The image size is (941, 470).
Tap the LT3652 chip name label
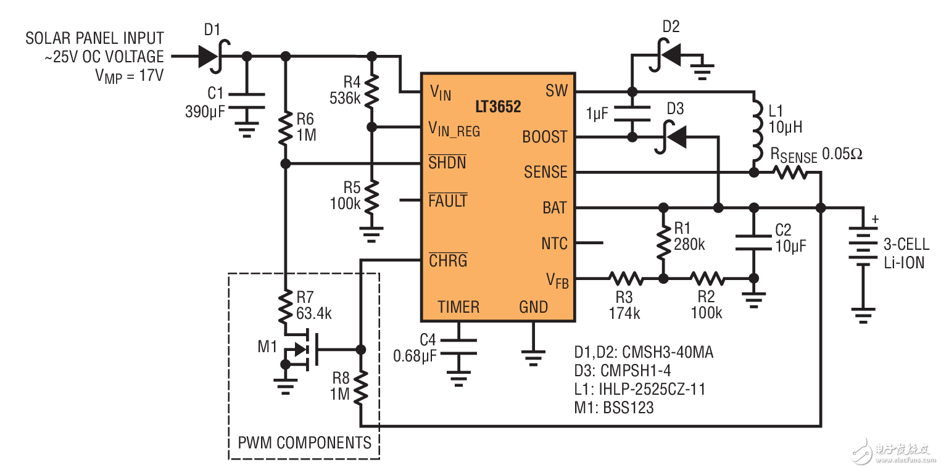click(x=498, y=107)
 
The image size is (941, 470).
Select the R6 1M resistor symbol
click(x=285, y=128)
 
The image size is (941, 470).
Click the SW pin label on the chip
click(x=556, y=91)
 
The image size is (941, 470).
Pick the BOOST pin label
click(x=544, y=136)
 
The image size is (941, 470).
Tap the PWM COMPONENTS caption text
click(x=305, y=442)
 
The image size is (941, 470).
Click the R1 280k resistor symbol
click(x=663, y=242)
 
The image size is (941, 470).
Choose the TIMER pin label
click(x=458, y=307)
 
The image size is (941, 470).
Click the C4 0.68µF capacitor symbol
click(x=458, y=347)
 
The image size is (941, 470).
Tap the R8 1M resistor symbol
click(x=360, y=387)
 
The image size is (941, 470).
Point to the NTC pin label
click(x=554, y=243)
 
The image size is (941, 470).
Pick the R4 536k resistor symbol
click(x=371, y=91)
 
